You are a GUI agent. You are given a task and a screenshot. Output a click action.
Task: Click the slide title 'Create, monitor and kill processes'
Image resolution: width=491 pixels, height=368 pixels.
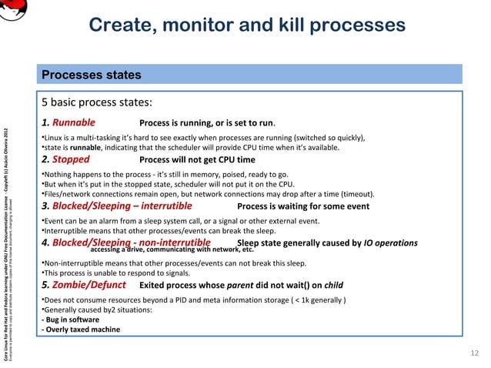click(x=246, y=25)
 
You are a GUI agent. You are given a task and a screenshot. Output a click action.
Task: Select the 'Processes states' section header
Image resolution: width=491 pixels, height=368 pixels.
click(x=91, y=75)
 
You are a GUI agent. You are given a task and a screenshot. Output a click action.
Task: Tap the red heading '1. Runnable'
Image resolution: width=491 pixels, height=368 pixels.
click(x=68, y=122)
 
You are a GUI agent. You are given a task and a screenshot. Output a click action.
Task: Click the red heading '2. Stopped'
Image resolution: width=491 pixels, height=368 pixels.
click(x=65, y=160)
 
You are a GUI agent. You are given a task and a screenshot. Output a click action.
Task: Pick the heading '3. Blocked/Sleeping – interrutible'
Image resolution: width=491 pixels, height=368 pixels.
click(x=116, y=206)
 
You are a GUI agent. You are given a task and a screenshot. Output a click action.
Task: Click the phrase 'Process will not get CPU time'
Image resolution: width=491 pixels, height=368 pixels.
click(x=196, y=161)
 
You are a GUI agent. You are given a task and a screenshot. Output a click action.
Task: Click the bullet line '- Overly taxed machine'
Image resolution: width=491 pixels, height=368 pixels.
click(x=80, y=330)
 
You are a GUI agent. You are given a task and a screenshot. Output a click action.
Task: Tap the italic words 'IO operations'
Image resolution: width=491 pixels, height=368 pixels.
click(x=391, y=243)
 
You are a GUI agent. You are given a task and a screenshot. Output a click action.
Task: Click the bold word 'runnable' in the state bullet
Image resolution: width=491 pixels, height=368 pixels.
click(x=86, y=147)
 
